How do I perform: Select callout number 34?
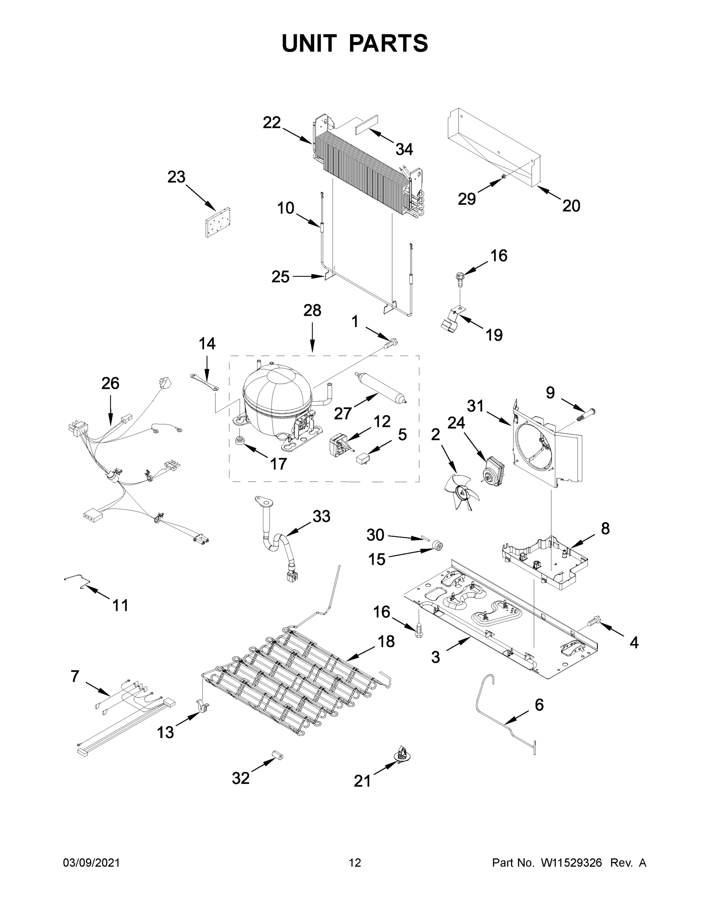pyautogui.click(x=404, y=149)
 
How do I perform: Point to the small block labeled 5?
pyautogui.click(x=362, y=458)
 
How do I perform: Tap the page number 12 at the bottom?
pyautogui.click(x=355, y=863)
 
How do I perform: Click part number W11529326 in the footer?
pyautogui.click(x=571, y=863)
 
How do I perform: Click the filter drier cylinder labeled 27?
pyautogui.click(x=380, y=387)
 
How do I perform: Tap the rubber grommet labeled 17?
pyautogui.click(x=240, y=441)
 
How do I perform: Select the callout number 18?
pyautogui.click(x=386, y=642)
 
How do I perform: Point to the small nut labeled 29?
pyautogui.click(x=503, y=180)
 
